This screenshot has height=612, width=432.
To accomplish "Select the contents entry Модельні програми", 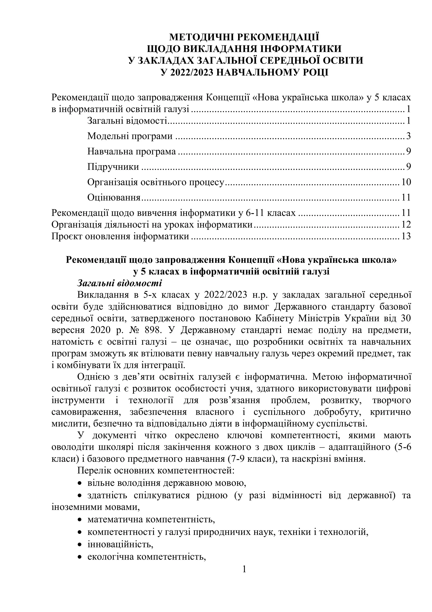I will [130, 136].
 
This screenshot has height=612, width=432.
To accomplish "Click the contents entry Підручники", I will [113, 167].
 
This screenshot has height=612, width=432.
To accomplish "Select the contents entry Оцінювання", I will [114, 198].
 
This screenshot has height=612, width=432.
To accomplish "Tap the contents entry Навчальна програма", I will [131, 151].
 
